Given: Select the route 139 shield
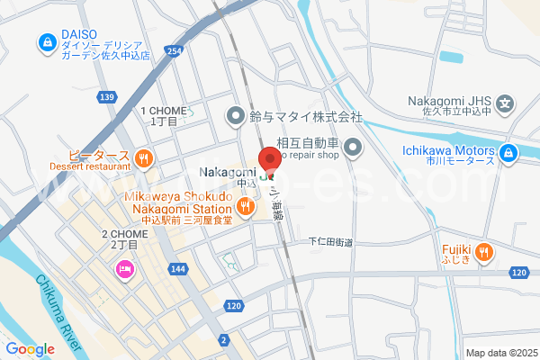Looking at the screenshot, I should [x=107, y=96].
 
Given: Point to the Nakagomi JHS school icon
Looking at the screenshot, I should [x=506, y=103].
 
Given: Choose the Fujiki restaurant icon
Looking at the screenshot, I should [x=485, y=252].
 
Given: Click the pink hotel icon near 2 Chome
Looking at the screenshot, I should [x=123, y=269].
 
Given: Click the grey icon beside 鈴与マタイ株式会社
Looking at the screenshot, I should [x=236, y=115].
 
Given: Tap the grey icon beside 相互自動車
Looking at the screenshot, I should [x=352, y=147].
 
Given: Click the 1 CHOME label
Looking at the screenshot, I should [x=164, y=115].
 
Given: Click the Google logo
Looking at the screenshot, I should [x=30, y=349].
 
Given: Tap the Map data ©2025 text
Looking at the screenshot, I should [x=499, y=353].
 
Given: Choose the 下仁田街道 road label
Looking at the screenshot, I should [x=331, y=242].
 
